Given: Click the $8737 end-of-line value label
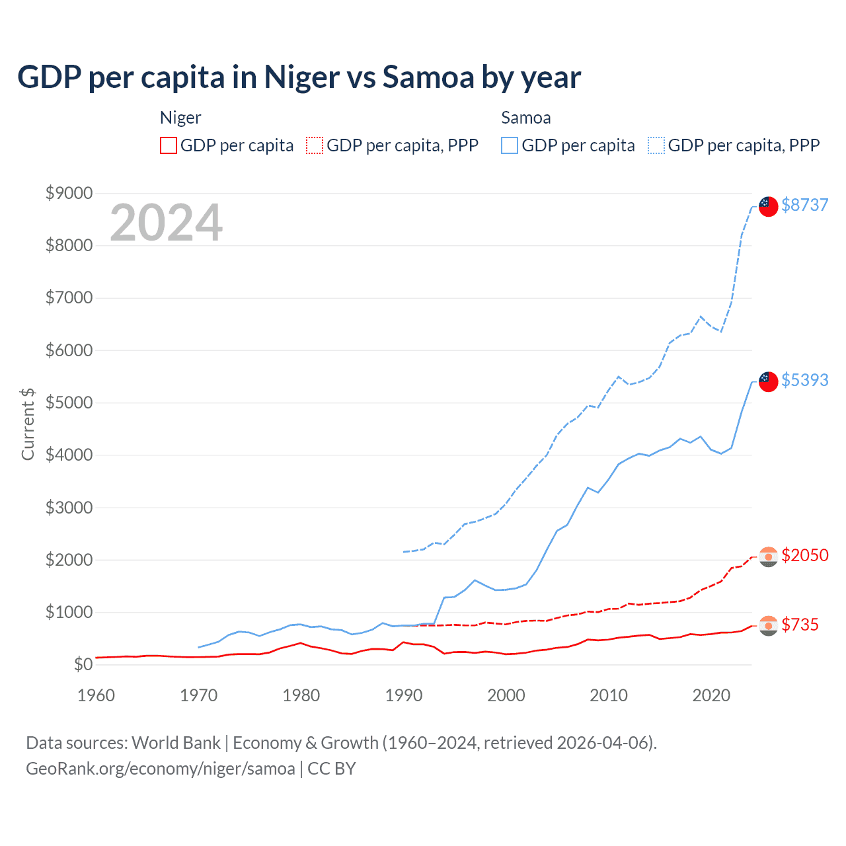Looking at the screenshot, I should (x=804, y=205).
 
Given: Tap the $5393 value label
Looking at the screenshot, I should (x=804, y=380).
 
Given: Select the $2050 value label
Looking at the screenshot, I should (x=804, y=555).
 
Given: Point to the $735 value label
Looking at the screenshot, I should (x=800, y=625).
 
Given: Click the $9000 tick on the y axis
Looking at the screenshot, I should (x=69, y=193).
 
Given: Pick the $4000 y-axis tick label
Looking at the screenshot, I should (x=69, y=455).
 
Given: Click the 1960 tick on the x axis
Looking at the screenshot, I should (x=96, y=695).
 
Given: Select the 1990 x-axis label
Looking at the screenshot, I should (x=404, y=695).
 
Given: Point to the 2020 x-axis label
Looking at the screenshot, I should (x=711, y=695).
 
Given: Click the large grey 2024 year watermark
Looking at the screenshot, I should (x=166, y=223).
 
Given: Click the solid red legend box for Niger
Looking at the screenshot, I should (x=169, y=145).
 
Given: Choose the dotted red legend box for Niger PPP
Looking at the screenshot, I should (x=315, y=145).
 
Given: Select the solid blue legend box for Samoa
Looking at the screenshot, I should (x=510, y=145).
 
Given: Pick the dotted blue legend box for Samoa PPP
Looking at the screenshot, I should (x=656, y=145).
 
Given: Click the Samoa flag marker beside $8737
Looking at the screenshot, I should (x=768, y=206).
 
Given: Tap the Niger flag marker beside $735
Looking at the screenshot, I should (x=768, y=625).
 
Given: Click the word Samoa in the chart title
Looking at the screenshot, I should (x=428, y=77).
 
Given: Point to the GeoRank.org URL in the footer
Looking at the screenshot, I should (x=161, y=769).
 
